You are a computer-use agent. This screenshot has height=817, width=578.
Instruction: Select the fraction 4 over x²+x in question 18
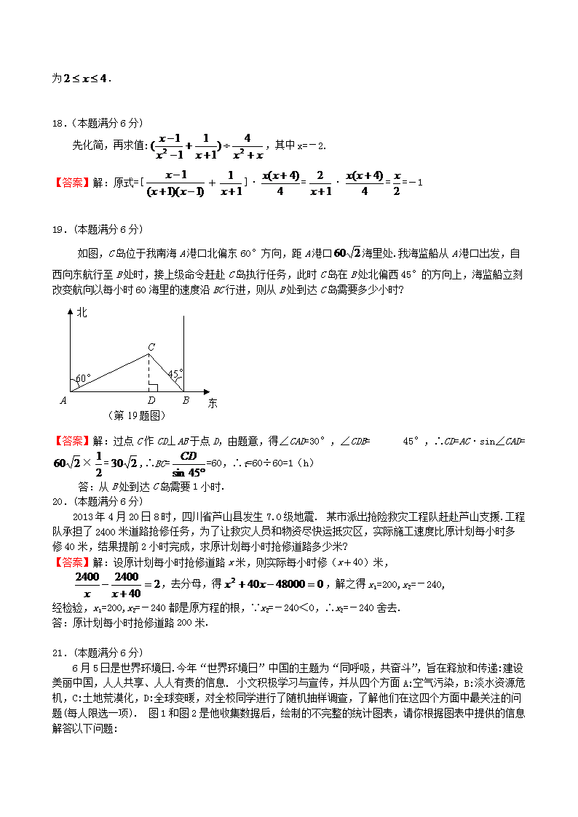pos(248,146)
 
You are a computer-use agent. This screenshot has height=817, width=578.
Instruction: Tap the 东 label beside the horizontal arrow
pos(213,403)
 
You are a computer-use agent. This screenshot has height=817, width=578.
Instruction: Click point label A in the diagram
pos(63,400)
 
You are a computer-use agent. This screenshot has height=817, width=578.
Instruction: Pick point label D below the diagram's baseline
pos(151,401)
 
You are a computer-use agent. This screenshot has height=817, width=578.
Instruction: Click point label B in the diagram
pos(186,401)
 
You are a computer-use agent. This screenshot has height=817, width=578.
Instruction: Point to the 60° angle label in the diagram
pos(83,378)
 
